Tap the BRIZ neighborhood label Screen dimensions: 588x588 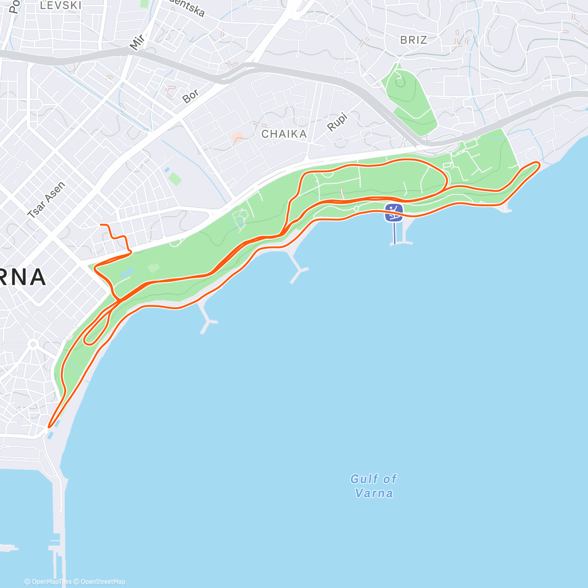(414, 40)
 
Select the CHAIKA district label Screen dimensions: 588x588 (284, 134)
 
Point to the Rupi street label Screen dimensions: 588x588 (337, 122)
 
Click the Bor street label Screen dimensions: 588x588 (191, 96)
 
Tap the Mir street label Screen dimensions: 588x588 (137, 42)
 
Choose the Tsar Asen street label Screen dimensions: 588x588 (46, 200)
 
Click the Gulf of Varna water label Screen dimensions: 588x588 (374, 486)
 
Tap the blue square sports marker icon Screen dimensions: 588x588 (394, 213)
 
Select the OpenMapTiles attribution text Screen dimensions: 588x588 (48, 582)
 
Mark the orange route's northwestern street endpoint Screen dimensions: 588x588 (101, 225)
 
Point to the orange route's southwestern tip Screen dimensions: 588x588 (49, 426)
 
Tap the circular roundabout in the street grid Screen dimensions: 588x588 (33, 344)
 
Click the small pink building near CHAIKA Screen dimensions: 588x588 (237, 138)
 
